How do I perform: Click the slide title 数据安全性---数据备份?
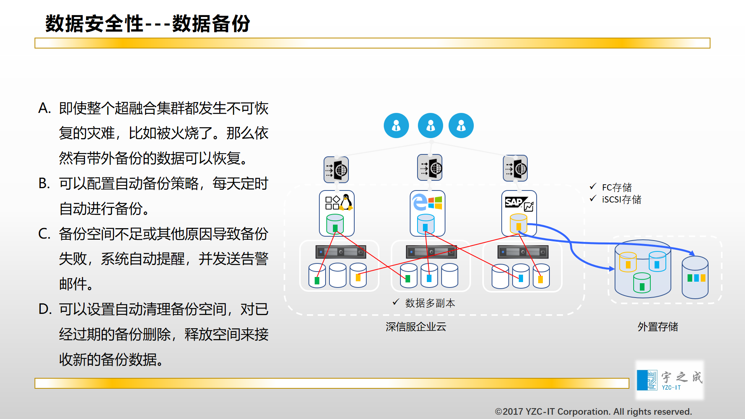pos(148,24)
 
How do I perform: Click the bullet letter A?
pos(44,108)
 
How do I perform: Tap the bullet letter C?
pos(44,234)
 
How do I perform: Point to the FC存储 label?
pos(617,187)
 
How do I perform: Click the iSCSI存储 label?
pos(622,199)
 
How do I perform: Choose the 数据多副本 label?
pos(430,303)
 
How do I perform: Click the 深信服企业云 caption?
pos(416,327)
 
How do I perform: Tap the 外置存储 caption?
pos(658,327)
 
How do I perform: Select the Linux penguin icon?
pos(346,202)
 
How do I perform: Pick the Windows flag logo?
pos(435,202)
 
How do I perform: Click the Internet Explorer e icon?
pos(420,202)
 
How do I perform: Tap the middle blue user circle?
pos(430,126)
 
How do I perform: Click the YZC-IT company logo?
pos(670,380)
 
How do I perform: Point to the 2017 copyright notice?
pos(594,412)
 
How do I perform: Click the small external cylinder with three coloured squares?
pos(695,277)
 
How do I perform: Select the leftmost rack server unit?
pos(341,252)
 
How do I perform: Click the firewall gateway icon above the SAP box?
pos(515,168)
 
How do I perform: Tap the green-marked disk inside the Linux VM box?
pos(335,224)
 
